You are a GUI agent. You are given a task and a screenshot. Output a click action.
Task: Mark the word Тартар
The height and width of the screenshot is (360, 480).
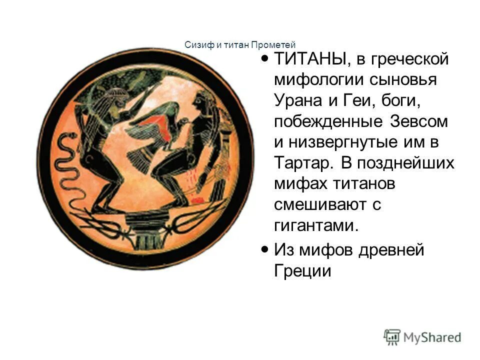[x=304, y=163]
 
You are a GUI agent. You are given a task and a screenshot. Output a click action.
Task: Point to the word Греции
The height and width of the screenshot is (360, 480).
[x=303, y=270]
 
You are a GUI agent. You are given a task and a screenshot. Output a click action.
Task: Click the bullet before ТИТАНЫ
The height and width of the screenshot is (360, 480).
[x=264, y=59]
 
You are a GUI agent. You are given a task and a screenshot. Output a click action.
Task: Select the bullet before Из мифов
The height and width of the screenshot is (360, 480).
[x=264, y=248]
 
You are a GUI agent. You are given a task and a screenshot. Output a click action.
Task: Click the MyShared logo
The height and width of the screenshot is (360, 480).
[x=422, y=336]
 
